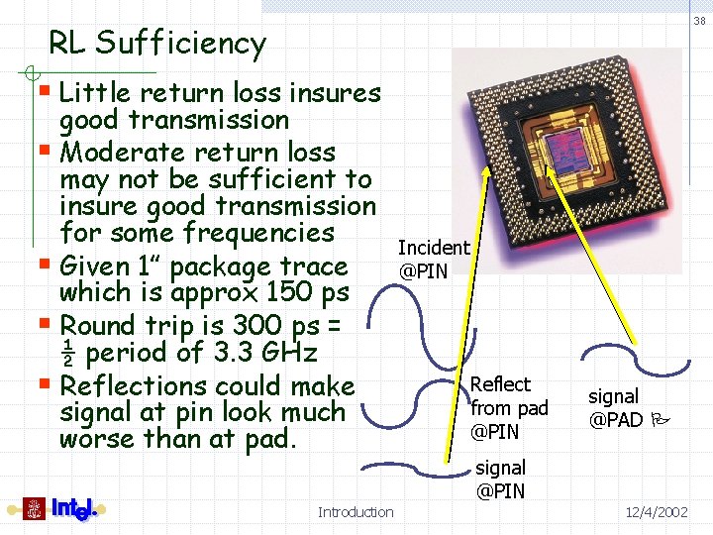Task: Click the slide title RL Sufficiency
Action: pyautogui.click(x=157, y=44)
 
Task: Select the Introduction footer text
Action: pyautogui.click(x=356, y=512)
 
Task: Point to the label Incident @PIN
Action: pyautogui.click(x=433, y=260)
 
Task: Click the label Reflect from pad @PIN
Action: pyautogui.click(x=508, y=408)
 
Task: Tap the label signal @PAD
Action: pyautogui.click(x=616, y=408)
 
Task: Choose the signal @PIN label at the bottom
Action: pyautogui.click(x=500, y=479)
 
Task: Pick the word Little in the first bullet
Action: pyautogui.click(x=96, y=93)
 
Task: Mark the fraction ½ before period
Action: pyautogui.click(x=68, y=353)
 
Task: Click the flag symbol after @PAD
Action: pyautogui.click(x=658, y=420)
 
